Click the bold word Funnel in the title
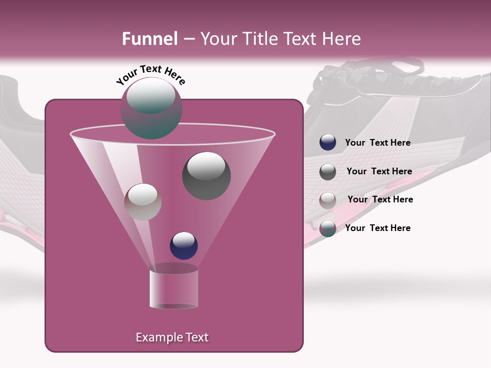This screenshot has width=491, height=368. pyautogui.click(x=150, y=39)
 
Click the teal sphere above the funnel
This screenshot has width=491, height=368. pyautogui.click(x=151, y=108)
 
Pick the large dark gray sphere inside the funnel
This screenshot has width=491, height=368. pyautogui.click(x=206, y=175)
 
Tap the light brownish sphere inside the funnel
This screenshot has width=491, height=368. pyautogui.click(x=143, y=201)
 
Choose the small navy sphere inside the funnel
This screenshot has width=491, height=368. pyautogui.click(x=184, y=245)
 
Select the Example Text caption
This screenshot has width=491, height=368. pyautogui.click(x=172, y=337)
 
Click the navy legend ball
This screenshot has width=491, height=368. pyautogui.click(x=328, y=143)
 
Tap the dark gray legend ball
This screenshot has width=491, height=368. pyautogui.click(x=328, y=172)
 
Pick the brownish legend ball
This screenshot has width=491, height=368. pyautogui.click(x=328, y=200)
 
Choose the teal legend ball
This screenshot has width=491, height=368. pyautogui.click(x=328, y=228)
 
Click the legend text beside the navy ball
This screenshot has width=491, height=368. pyautogui.click(x=377, y=143)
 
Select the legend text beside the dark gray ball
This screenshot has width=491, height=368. pyautogui.click(x=379, y=171)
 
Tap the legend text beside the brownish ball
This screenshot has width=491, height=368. pyautogui.click(x=380, y=199)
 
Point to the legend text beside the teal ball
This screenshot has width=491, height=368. pyautogui.click(x=377, y=228)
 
